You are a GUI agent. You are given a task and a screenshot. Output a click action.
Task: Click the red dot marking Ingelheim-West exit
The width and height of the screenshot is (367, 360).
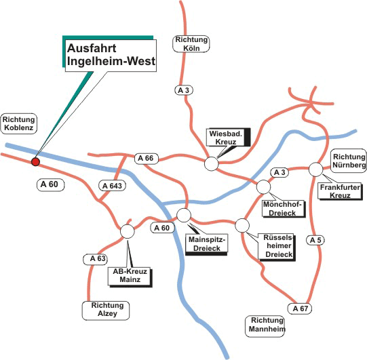pyautogui.click(x=35, y=161)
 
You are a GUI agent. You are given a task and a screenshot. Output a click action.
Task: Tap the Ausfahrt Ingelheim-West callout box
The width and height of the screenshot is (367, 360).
pyautogui.click(x=111, y=55)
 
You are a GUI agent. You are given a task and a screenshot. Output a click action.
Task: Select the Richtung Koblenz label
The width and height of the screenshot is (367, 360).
pyautogui.click(x=19, y=124)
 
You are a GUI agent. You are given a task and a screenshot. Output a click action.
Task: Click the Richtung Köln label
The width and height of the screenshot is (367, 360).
pyautogui.click(x=191, y=44)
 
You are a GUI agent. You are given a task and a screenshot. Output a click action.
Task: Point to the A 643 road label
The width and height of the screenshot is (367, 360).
pyautogui.click(x=112, y=186)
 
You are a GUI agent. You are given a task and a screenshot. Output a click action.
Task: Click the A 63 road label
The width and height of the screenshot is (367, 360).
pyautogui.click(x=95, y=259)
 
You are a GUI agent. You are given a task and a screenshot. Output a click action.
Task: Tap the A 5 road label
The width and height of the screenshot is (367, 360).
pyautogui.click(x=315, y=240)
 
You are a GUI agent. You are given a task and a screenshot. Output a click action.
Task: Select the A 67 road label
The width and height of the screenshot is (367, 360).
pyautogui.click(x=301, y=308)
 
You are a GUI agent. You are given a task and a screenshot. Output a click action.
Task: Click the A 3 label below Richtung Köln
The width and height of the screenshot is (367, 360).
pyautogui.click(x=184, y=90)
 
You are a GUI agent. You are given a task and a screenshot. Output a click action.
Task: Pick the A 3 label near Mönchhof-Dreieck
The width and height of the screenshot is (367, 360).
pyautogui.click(x=279, y=173)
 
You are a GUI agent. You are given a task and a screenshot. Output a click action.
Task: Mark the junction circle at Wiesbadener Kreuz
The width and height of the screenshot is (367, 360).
pyautogui.click(x=212, y=164)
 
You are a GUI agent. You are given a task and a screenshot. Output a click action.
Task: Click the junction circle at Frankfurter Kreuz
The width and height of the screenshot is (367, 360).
pyautogui.click(x=316, y=169)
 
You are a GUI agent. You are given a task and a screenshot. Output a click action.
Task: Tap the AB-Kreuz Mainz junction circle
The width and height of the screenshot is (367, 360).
pyautogui.click(x=128, y=232)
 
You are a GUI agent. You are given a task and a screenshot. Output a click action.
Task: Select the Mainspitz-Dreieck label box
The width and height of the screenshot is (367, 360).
pyautogui.click(x=207, y=243)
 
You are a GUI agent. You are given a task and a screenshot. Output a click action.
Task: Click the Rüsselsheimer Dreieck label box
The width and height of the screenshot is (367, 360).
pyautogui.click(x=277, y=246)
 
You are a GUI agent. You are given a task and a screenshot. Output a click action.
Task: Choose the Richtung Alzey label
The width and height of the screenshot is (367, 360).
pyautogui.click(x=106, y=311)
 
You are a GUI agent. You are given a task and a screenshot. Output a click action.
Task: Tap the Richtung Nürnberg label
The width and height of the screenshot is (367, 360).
pyautogui.click(x=349, y=161)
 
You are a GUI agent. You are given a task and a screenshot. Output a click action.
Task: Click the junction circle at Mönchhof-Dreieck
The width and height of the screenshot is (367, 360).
pyautogui.click(x=263, y=187)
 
